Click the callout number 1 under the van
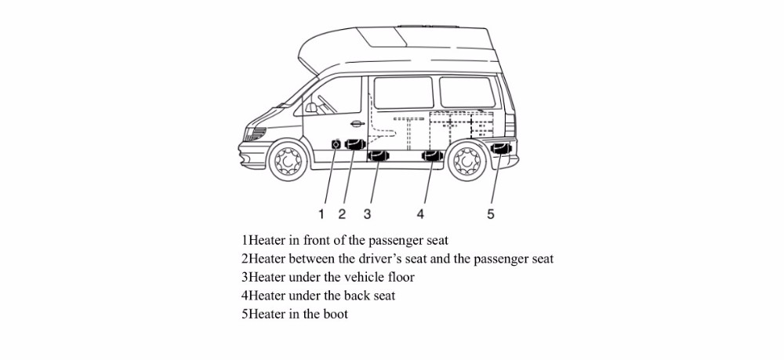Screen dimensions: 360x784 click(321, 214)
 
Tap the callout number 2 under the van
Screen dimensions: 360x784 click(342, 214)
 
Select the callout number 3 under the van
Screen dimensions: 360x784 click(367, 214)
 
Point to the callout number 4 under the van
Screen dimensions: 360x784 click(421, 214)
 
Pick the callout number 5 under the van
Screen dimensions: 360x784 click(491, 214)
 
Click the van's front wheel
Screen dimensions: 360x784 click(288, 162)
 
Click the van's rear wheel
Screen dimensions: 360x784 click(469, 162)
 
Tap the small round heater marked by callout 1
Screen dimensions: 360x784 click(336, 144)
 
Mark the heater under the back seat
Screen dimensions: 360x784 click(432, 157)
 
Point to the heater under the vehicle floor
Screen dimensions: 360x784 click(379, 157)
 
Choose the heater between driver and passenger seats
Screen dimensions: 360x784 click(356, 145)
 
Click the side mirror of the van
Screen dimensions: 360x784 click(311, 107)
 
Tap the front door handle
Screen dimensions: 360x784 click(358, 124)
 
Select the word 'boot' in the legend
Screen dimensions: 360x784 click(333, 315)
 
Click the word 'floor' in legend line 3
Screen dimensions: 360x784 click(399, 277)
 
